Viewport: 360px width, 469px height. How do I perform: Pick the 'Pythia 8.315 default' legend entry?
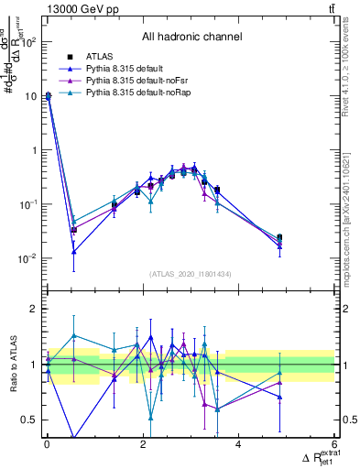126,70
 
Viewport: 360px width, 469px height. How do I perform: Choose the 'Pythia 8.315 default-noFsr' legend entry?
136,82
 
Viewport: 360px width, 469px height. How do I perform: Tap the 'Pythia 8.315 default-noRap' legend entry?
137,93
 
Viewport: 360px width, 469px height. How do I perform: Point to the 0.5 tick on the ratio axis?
31,420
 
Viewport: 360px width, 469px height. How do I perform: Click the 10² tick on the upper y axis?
29,41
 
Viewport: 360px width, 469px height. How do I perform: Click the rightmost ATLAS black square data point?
279,238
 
